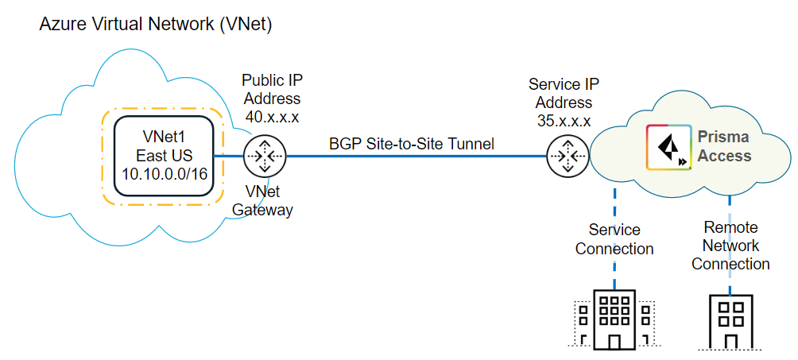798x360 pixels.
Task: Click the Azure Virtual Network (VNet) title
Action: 156,25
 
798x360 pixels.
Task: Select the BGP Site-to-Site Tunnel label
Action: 412,144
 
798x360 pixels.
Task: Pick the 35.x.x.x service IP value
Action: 564,122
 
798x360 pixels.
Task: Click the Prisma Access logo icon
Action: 668,148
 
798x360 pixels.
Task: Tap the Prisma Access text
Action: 724,146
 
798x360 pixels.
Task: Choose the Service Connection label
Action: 614,239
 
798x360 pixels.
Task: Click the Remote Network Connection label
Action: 730,246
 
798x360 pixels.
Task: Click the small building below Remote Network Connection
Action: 730,321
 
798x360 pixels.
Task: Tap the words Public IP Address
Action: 271,90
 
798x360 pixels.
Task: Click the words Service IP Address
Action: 564,93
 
